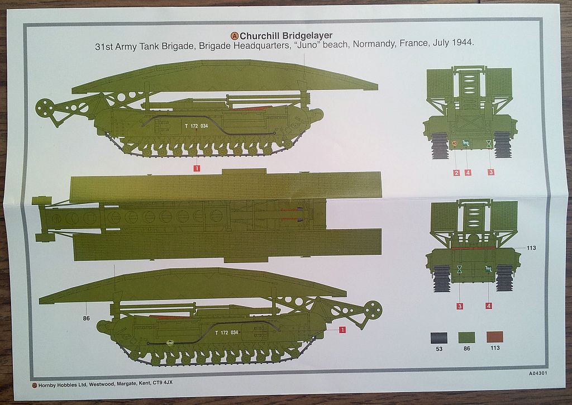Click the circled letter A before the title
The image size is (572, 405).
click(x=235, y=36)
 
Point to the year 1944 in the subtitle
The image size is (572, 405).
click(x=463, y=43)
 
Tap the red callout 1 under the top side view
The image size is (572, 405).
click(x=197, y=166)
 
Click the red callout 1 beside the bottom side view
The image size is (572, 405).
click(x=342, y=330)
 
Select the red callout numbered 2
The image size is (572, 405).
click(x=456, y=173)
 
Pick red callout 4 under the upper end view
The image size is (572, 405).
click(x=468, y=173)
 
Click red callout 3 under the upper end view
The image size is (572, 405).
click(x=491, y=173)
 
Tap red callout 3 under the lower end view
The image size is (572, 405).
click(x=460, y=306)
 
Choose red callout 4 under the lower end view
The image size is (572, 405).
click(x=489, y=306)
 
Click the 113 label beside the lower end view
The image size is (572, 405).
click(x=531, y=247)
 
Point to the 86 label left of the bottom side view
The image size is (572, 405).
click(x=86, y=319)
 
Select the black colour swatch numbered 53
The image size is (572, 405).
click(x=438, y=337)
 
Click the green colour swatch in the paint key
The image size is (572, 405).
click(x=466, y=337)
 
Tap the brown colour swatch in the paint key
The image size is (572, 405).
click(x=494, y=337)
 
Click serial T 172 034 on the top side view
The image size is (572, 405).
click(x=198, y=126)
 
